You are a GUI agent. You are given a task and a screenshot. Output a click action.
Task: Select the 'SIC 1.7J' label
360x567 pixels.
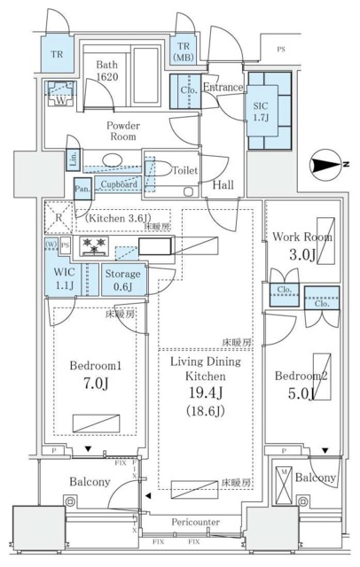pyautogui.click(x=261, y=108)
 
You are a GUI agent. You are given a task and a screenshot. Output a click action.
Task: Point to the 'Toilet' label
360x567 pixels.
pyautogui.click(x=184, y=170)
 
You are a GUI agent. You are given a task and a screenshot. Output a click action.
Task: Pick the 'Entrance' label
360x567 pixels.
pyautogui.click(x=223, y=88)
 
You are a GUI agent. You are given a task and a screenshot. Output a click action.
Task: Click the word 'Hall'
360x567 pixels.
pyautogui.click(x=224, y=184)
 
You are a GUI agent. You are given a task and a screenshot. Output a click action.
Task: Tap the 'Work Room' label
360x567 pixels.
pyautogui.click(x=302, y=237)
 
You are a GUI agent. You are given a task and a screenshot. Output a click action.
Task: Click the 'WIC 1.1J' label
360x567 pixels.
pyautogui.click(x=63, y=279)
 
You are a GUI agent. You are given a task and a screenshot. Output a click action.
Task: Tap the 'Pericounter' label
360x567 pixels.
pyautogui.click(x=195, y=523)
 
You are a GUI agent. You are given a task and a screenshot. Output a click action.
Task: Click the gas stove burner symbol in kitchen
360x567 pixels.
pyautogui.click(x=94, y=245)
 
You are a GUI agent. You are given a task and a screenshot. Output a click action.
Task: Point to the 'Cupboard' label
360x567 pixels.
pyautogui.click(x=118, y=184)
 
